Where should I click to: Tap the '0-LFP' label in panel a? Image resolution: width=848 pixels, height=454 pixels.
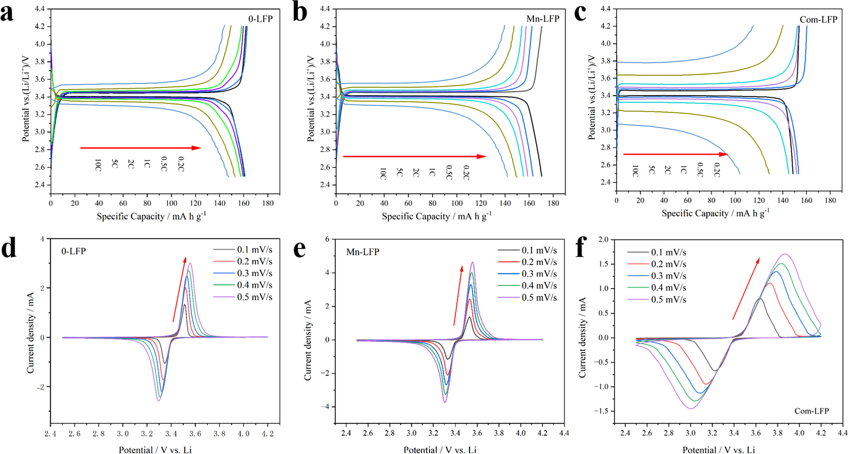tap(260, 19)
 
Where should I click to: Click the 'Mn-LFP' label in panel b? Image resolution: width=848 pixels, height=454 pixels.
tap(542, 19)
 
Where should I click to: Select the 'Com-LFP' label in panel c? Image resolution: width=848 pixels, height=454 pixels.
tap(818, 20)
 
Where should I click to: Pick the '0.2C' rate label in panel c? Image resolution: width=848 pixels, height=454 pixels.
tap(717, 170)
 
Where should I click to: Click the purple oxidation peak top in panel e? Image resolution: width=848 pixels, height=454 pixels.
tap(472, 262)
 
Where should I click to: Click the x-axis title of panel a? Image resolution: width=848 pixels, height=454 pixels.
tap(151, 216)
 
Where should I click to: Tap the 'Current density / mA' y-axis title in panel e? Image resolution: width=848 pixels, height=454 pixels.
tap(308, 339)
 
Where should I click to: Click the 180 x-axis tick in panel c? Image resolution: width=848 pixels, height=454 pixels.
tap(830, 200)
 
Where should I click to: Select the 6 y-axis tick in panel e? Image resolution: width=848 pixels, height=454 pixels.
tap(327, 239)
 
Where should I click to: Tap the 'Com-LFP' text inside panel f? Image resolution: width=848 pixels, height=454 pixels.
tap(811, 411)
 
